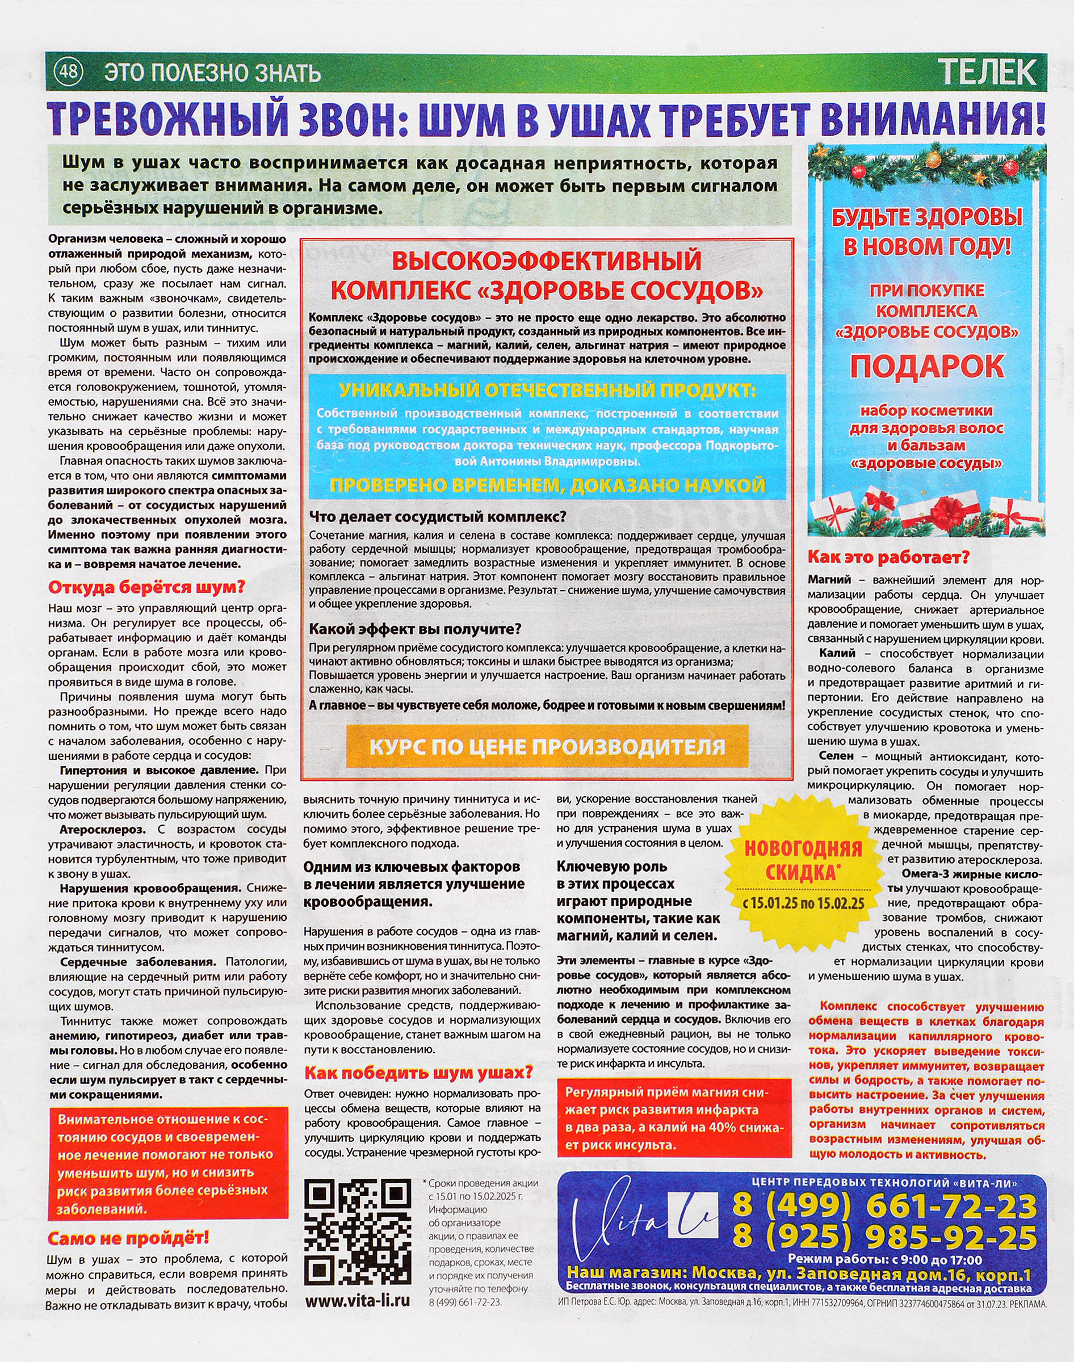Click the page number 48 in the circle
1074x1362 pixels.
point(68,71)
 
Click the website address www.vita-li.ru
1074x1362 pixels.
point(357,1300)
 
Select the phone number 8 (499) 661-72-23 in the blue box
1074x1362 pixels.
point(884,1206)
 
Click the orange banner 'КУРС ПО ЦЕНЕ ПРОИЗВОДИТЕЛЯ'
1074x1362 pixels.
point(547,747)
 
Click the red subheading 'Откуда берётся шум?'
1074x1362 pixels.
point(146,587)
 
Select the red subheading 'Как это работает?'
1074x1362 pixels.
point(888,557)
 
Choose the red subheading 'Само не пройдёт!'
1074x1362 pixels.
point(128,1238)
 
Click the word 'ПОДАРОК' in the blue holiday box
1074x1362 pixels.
point(927,367)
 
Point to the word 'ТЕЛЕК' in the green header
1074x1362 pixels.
point(987,72)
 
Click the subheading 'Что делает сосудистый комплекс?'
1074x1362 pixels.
point(438,516)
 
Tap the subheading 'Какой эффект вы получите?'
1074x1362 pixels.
point(415,629)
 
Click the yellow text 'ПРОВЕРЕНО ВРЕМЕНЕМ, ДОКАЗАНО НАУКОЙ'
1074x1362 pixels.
point(547,485)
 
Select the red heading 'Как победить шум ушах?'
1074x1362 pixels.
point(418,1071)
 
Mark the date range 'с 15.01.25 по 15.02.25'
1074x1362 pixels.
point(803,903)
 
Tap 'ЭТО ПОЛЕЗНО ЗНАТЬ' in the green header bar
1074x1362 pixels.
point(212,73)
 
